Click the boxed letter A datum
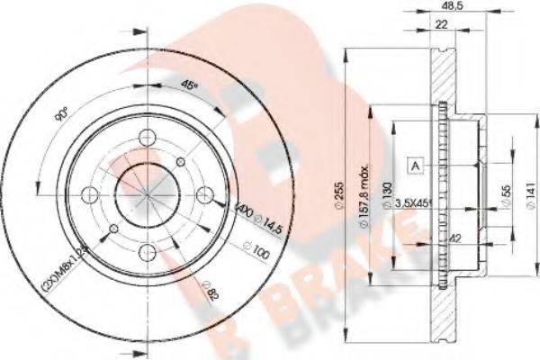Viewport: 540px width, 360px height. pyautogui.click(x=417, y=166)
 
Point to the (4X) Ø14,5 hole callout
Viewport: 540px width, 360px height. pyautogui.click(x=243, y=218)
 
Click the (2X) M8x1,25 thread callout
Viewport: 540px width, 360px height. pyautogui.click(x=76, y=261)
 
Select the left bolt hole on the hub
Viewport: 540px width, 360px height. pyautogui.click(x=88, y=193)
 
